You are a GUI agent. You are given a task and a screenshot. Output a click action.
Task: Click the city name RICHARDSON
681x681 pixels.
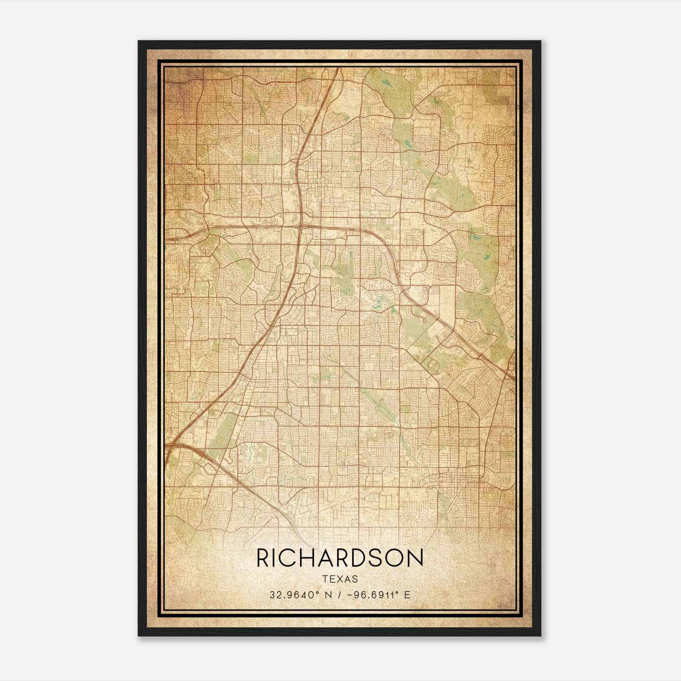point(340,558)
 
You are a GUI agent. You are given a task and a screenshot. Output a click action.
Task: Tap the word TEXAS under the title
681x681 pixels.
point(340,579)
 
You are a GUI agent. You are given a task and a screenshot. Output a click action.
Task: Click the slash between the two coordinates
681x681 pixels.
point(339,595)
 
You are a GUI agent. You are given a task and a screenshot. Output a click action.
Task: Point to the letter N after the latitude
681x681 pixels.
point(328,595)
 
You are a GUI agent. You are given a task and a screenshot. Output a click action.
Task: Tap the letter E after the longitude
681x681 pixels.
point(407,595)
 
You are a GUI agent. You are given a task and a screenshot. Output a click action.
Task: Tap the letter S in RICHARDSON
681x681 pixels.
point(378,558)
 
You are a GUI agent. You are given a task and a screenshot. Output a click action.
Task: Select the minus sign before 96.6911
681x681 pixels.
point(350,595)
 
